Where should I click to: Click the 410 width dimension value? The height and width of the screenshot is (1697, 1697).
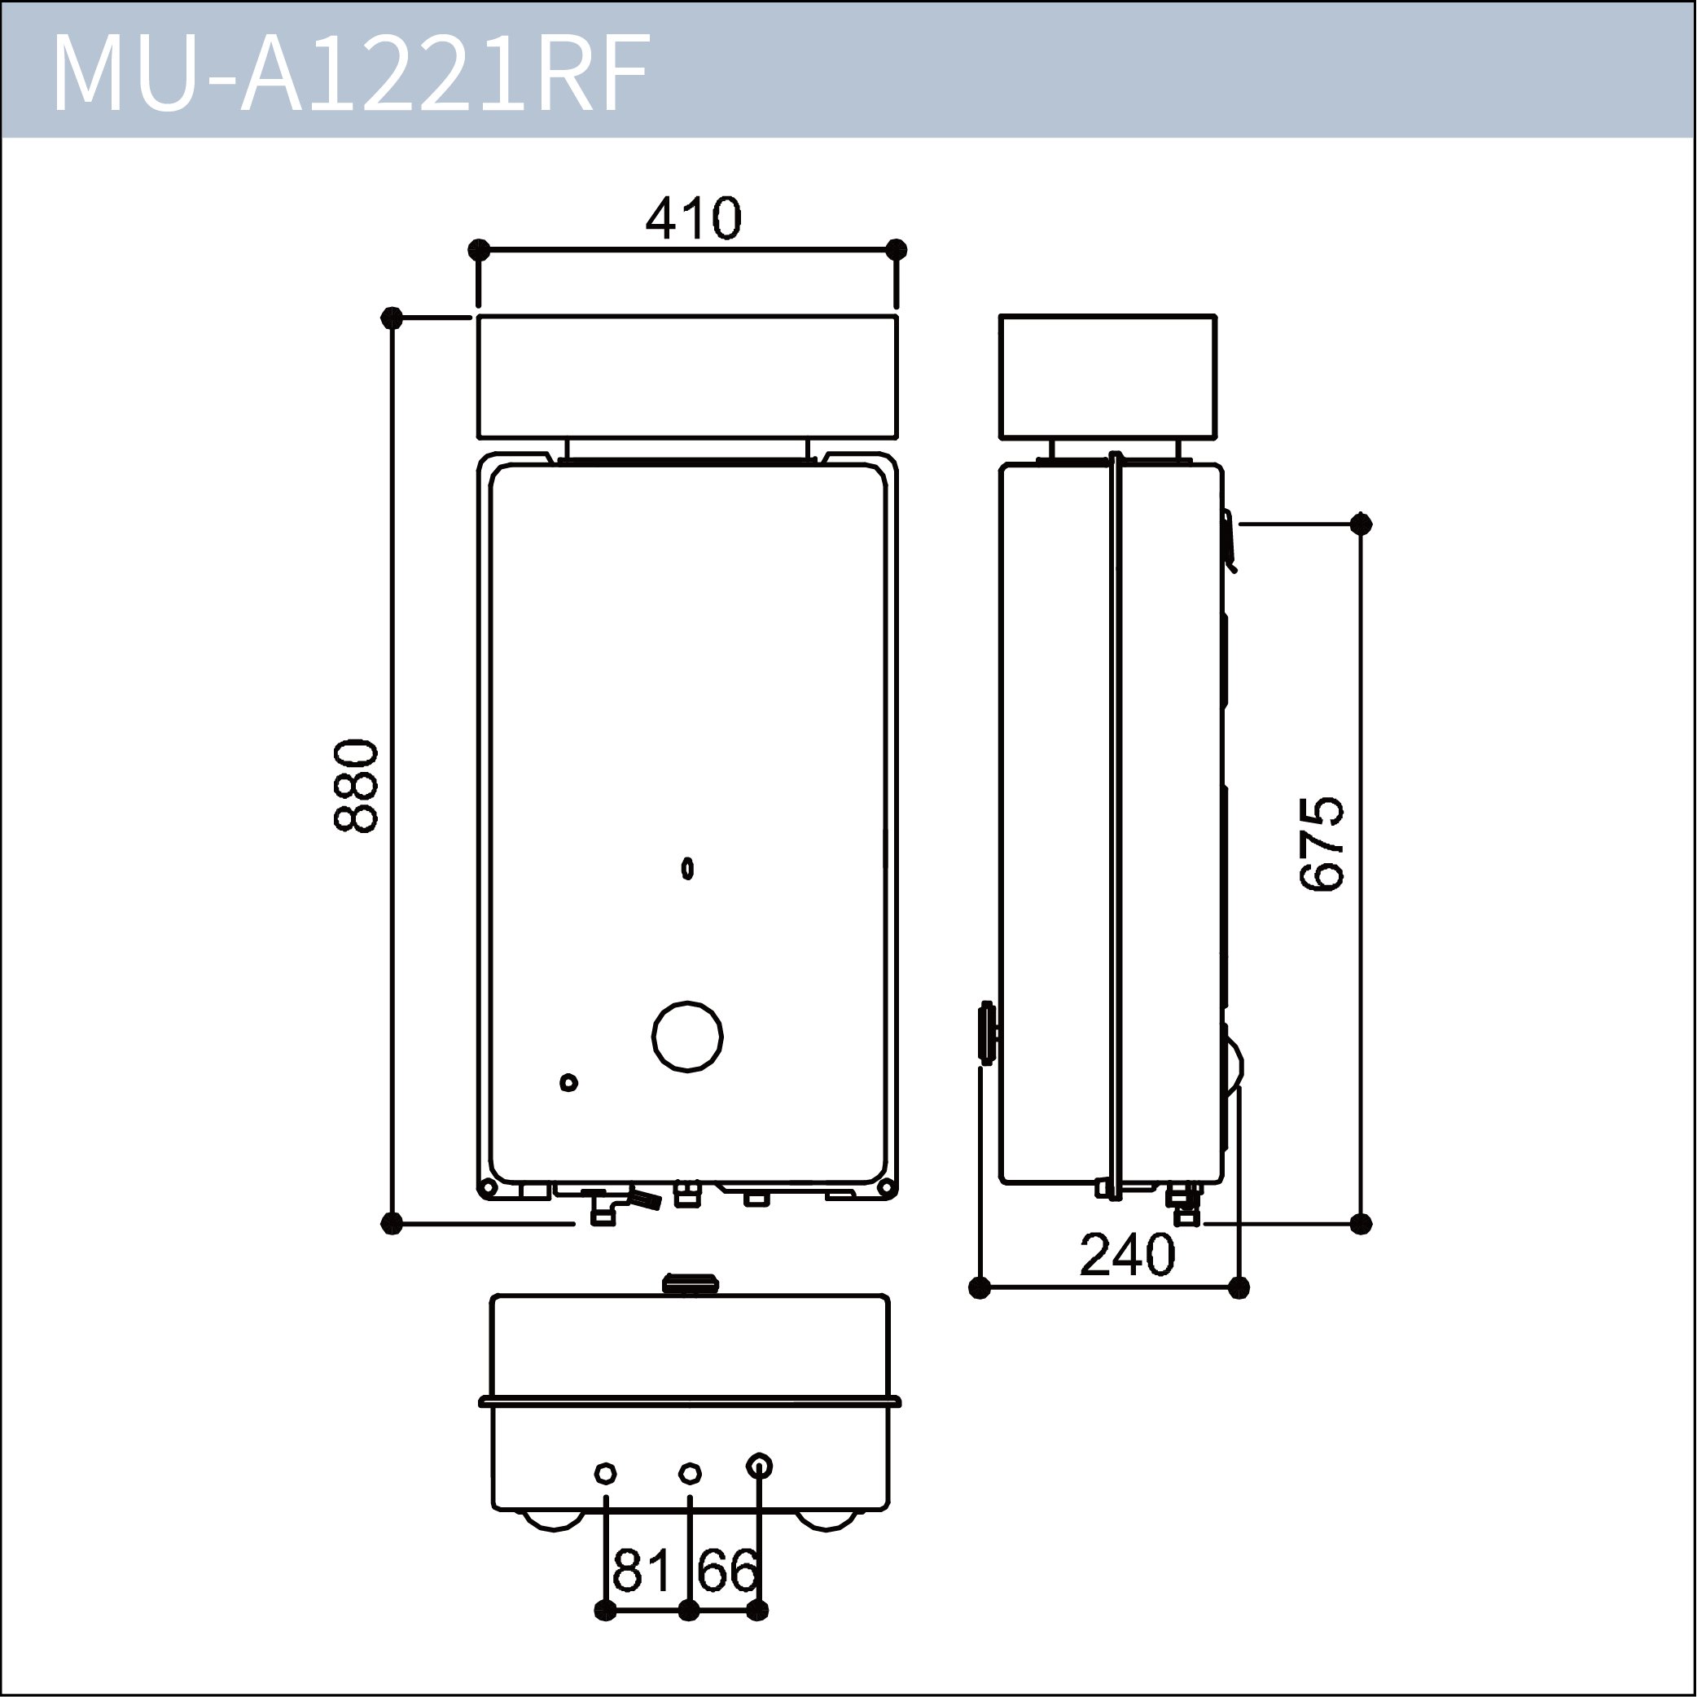(693, 219)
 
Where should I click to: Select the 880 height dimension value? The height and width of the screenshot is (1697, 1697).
(357, 785)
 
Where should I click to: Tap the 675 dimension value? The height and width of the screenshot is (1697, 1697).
(1322, 844)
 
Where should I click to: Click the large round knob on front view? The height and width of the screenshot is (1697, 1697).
(688, 1037)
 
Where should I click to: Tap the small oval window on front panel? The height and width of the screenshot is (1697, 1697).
(688, 869)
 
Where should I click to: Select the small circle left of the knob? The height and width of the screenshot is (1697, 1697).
(568, 1082)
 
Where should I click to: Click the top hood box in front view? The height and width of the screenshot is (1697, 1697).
(687, 377)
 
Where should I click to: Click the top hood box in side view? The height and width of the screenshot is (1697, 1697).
(1107, 377)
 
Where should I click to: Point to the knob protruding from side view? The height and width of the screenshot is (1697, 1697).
(987, 1032)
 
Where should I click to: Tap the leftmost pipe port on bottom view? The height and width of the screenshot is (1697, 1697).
(605, 1473)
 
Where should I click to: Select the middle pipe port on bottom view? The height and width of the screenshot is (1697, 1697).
(691, 1473)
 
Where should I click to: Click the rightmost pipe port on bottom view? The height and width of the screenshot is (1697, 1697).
(759, 1466)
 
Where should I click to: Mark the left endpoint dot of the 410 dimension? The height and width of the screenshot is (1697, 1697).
(479, 249)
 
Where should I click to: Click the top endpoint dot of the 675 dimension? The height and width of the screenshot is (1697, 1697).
(1361, 524)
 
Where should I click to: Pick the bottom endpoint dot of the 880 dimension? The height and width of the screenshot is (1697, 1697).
(392, 1223)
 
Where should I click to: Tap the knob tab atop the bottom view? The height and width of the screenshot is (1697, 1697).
(691, 1285)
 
